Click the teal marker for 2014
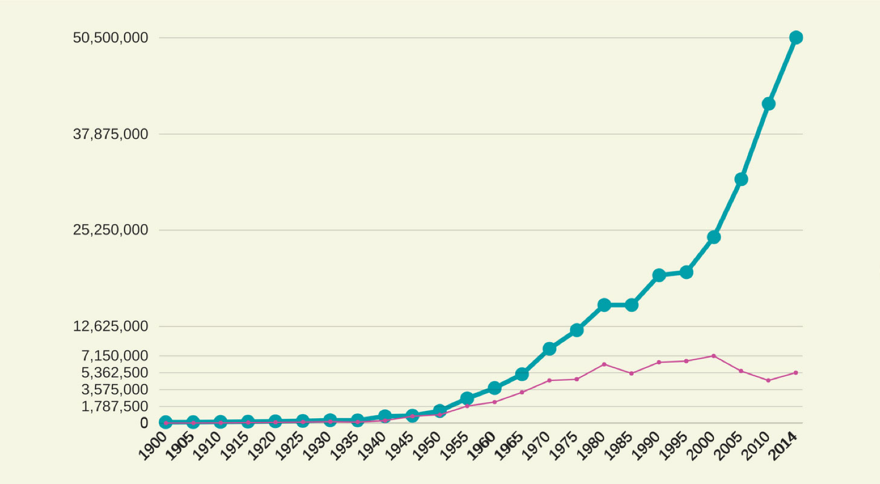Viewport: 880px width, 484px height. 796,37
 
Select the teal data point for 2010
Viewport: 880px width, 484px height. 768,104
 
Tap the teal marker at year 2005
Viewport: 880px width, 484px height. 741,179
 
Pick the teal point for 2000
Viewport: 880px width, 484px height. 714,237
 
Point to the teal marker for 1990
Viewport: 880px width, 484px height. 659,275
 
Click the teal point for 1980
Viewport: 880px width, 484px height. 604,305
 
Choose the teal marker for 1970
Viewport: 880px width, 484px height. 549,348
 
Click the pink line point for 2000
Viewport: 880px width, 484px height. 714,356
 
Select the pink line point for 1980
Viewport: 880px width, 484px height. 604,365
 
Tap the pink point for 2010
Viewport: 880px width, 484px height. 768,380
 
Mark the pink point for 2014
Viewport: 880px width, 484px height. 796,372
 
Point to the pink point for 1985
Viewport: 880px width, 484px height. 631,373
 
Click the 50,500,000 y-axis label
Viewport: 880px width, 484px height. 111,38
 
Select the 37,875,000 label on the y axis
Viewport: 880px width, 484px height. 111,134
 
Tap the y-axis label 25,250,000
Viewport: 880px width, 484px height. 111,230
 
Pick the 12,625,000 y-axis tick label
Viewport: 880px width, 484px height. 111,326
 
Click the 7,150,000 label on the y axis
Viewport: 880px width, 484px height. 115,355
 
